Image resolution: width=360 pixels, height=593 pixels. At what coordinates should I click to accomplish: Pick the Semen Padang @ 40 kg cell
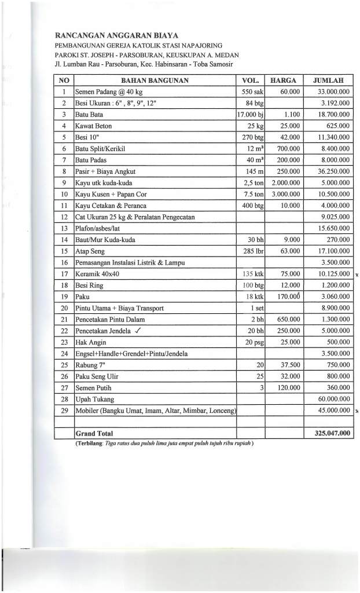point(108,91)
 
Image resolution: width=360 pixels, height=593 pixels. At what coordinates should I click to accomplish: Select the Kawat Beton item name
point(94,126)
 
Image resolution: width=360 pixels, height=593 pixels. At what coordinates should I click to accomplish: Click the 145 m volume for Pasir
point(254,171)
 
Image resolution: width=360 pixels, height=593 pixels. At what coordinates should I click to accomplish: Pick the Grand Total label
point(94,433)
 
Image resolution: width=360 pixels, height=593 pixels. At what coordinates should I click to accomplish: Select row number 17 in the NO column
point(64,274)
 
